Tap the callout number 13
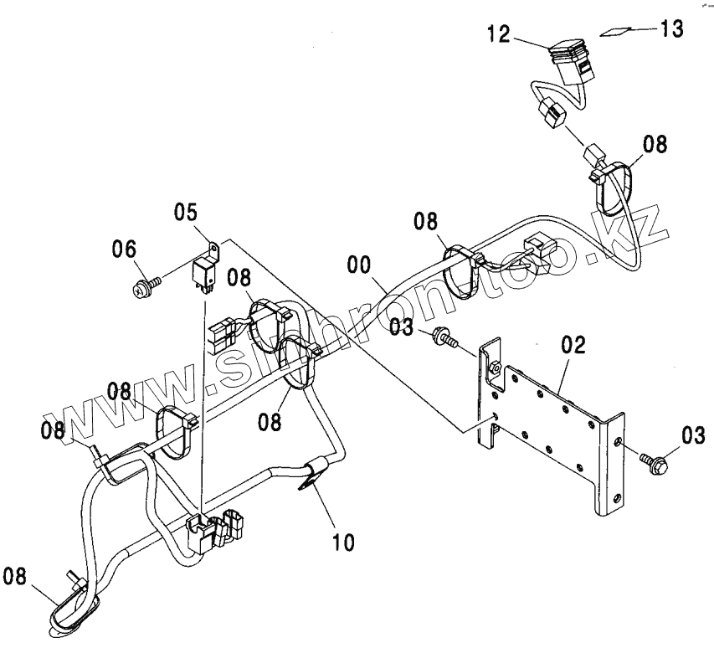pyautogui.click(x=670, y=28)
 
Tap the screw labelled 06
pyautogui.click(x=142, y=289)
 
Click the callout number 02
pyautogui.click(x=573, y=344)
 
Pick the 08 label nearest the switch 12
pyautogui.click(x=656, y=145)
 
